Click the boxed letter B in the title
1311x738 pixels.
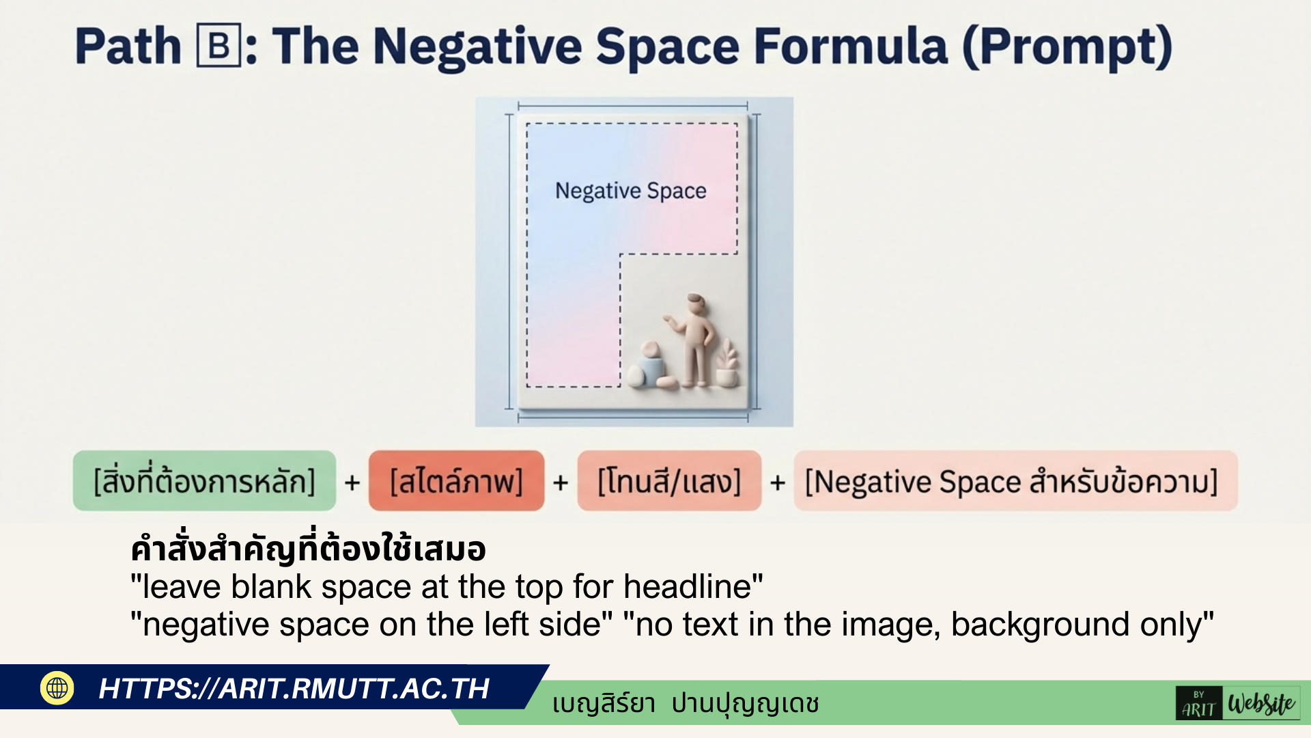click(218, 46)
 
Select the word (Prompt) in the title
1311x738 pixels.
click(1067, 48)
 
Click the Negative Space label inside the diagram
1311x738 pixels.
click(631, 191)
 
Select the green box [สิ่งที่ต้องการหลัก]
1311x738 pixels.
click(204, 481)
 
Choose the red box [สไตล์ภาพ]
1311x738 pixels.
click(456, 481)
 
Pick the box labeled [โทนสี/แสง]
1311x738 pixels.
click(669, 481)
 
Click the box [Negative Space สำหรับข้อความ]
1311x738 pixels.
click(1015, 481)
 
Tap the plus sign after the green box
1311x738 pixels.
click(352, 482)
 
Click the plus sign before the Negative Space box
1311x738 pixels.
click(777, 482)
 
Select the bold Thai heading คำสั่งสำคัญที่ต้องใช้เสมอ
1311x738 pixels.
click(308, 549)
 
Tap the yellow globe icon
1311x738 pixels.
click(57, 687)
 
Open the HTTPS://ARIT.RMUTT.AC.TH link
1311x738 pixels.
click(294, 689)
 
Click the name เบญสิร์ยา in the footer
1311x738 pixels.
click(604, 703)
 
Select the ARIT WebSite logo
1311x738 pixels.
click(1238, 703)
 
